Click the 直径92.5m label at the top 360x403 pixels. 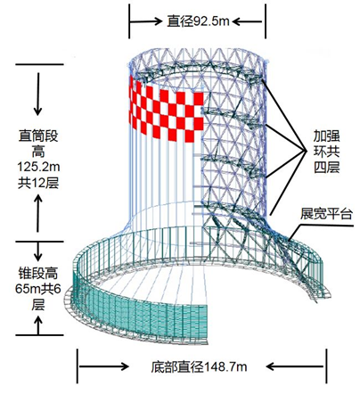(x=197, y=18)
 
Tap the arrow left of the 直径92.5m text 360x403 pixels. (x=145, y=18)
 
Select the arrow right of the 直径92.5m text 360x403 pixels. (x=250, y=18)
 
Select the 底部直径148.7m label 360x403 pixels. (x=192, y=366)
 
